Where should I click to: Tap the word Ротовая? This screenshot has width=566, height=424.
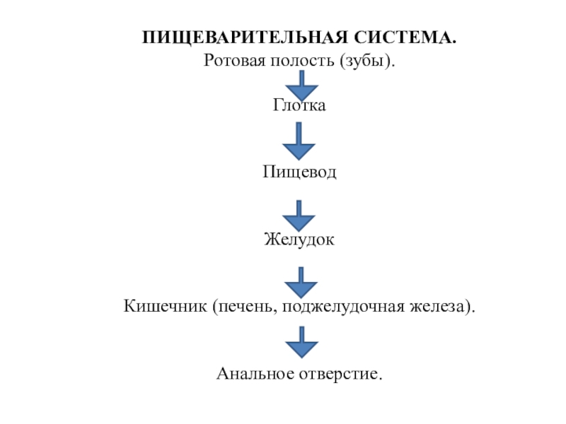[x=232, y=61]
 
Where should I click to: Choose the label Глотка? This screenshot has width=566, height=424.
[x=300, y=106]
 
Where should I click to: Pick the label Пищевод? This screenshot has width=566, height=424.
[x=300, y=172]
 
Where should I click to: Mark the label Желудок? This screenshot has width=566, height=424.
[x=300, y=240]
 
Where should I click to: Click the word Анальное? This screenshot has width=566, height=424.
[x=250, y=373]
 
